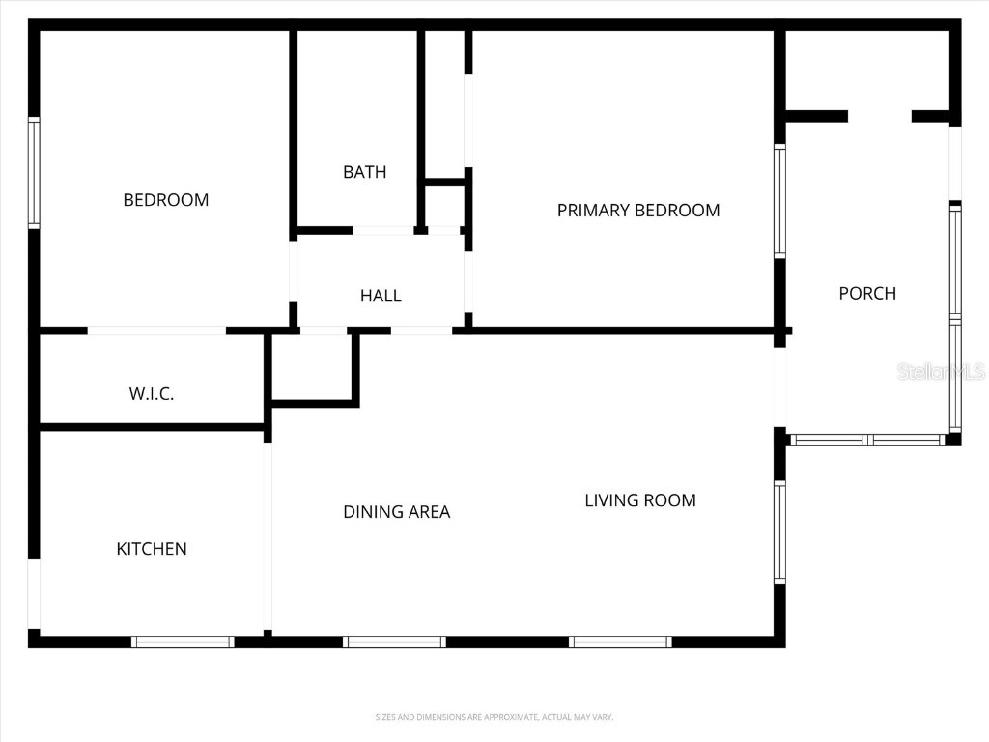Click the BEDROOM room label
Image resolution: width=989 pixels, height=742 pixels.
(166, 200)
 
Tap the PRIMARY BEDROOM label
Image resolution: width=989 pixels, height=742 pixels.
(638, 210)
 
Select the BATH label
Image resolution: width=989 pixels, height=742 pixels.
(364, 172)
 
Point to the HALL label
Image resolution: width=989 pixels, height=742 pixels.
(381, 296)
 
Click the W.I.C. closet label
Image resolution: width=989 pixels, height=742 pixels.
(152, 394)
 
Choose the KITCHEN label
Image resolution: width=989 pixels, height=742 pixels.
(152, 549)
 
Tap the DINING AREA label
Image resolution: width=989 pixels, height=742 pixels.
(397, 512)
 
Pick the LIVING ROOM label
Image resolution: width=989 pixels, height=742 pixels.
(640, 500)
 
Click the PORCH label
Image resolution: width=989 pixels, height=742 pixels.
(867, 293)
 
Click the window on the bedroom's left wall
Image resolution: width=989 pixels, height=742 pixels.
(34, 173)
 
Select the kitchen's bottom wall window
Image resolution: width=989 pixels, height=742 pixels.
(183, 642)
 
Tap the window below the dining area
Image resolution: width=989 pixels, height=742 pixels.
(394, 642)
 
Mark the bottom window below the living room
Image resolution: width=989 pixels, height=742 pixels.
(620, 642)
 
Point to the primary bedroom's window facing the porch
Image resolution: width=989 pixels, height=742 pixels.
(779, 201)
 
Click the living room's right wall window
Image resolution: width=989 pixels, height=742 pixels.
(779, 532)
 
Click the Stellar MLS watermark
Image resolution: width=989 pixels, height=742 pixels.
(941, 371)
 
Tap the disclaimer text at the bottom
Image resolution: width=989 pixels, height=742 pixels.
(494, 717)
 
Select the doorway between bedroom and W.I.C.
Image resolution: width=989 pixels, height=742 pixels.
(156, 330)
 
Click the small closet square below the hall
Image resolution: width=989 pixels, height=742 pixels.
(312, 367)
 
